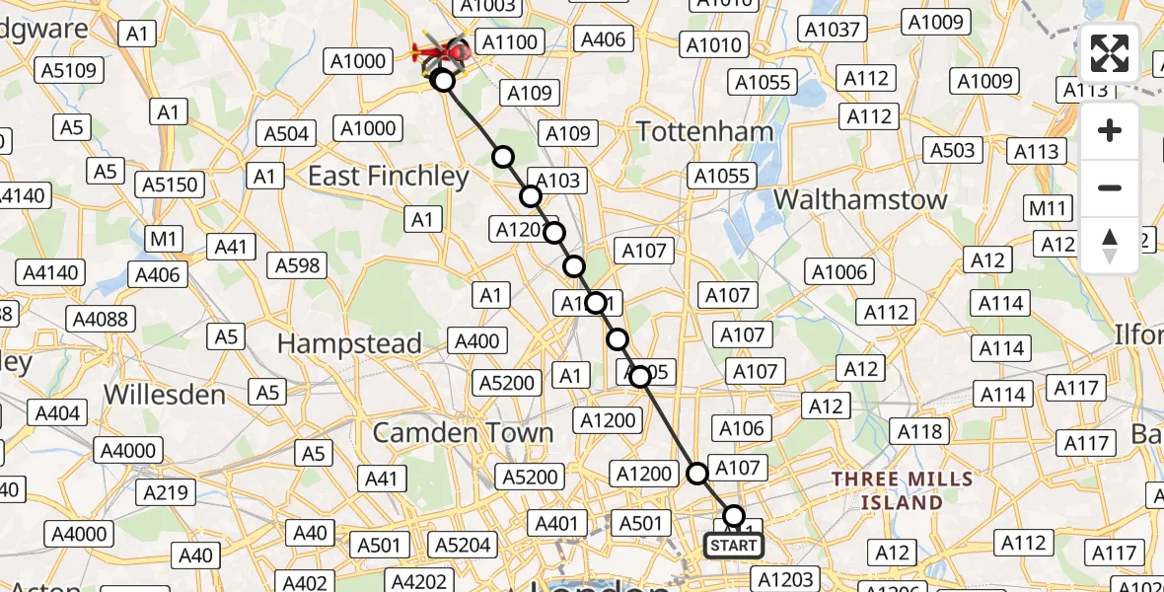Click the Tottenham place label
704,131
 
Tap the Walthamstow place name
860,199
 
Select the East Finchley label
388,177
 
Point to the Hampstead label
349,344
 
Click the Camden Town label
462,433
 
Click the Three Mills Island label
902,490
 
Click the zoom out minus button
1110,187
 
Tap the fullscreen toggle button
1110,53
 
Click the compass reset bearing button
1110,245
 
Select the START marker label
734,546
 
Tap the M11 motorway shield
1049,209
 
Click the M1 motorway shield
164,239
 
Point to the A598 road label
297,264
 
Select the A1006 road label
838,272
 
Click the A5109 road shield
69,70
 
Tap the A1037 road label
833,30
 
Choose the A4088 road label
102,319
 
